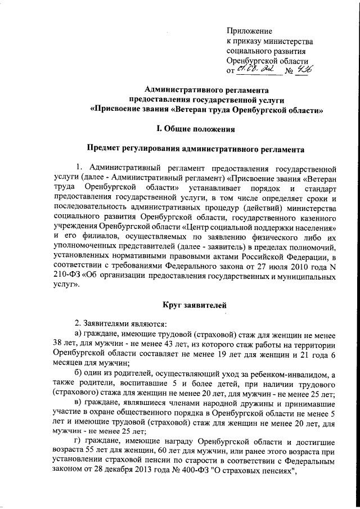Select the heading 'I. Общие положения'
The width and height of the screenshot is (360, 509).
tap(195, 129)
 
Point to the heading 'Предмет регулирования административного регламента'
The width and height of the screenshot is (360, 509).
tap(195, 150)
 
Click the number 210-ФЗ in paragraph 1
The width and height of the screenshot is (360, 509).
tap(68, 275)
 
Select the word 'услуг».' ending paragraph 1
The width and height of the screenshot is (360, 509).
tap(67, 285)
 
